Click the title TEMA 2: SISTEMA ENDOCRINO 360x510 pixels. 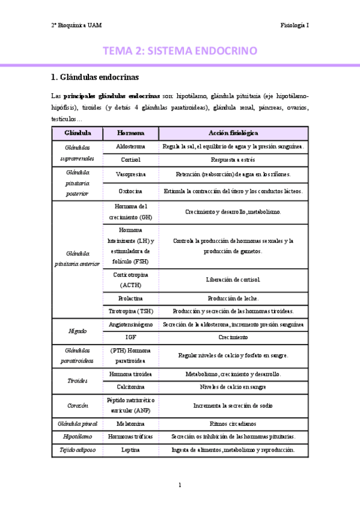(180, 51)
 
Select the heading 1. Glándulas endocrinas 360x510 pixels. (96, 77)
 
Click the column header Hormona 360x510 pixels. (130, 132)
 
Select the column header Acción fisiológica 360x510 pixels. (233, 132)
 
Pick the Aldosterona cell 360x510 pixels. (130, 147)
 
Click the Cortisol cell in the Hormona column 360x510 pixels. (130, 161)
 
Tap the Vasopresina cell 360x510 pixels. (130, 174)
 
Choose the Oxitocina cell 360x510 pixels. (130, 191)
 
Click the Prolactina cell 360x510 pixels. (130, 298)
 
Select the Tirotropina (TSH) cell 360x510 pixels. (130, 312)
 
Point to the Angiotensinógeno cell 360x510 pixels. (130, 325)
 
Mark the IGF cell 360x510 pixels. (130, 337)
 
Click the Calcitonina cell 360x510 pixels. (130, 387)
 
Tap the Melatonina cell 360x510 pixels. (130, 423)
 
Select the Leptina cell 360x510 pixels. (130, 450)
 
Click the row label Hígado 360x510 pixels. (77, 331)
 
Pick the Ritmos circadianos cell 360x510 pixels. (233, 423)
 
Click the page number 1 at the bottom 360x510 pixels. (180, 485)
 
